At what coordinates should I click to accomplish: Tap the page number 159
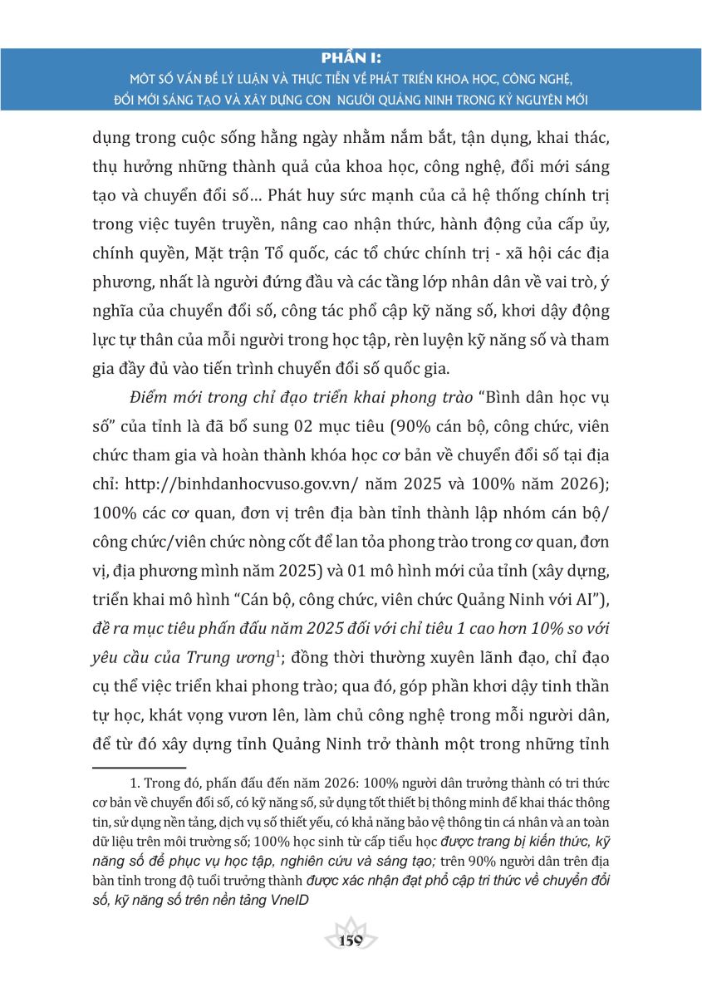351,940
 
